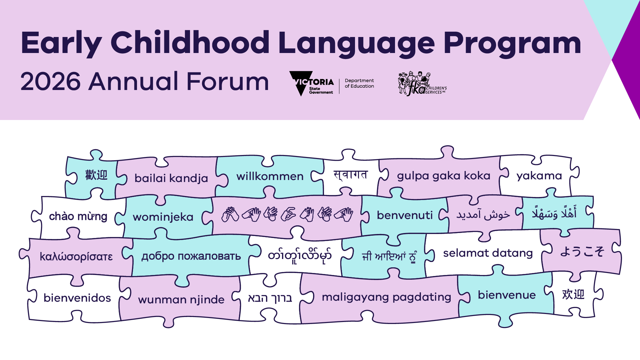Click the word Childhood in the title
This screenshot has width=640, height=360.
coord(190,42)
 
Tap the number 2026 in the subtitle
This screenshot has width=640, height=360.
coord(50,81)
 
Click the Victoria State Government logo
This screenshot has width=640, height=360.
coord(311,83)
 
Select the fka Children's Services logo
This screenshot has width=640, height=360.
coord(422,84)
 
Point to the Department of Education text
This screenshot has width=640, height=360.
coord(359,83)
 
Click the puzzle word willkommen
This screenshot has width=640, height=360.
coord(270,176)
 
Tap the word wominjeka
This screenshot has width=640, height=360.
coord(163,217)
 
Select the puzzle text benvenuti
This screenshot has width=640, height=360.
coord(405,215)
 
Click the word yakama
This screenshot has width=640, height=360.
coord(539,176)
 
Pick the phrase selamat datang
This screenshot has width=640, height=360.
coord(488,253)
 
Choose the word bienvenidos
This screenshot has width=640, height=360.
coord(77,298)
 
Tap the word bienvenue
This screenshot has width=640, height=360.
coord(507,295)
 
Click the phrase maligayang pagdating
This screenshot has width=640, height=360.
coord(386,297)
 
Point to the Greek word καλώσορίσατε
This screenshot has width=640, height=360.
coord(76,257)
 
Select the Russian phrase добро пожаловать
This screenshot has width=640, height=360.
coord(191,256)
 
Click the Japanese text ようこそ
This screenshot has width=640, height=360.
coord(582,251)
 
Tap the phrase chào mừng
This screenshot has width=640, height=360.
coord(78,216)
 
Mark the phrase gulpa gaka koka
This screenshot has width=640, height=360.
coord(443,176)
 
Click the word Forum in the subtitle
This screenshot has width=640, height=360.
coord(227,81)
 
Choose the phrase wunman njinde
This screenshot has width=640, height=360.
coord(181,300)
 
